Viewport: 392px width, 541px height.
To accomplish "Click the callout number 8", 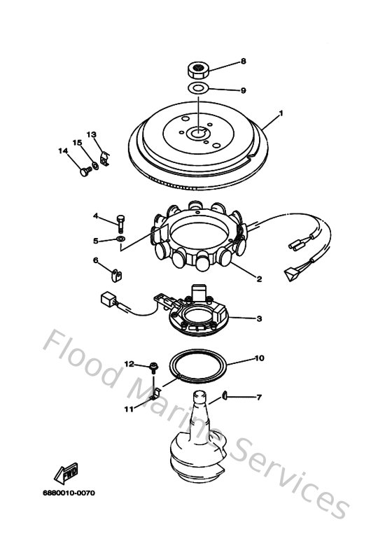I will (244, 62).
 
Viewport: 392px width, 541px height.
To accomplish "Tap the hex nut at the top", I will (197, 70).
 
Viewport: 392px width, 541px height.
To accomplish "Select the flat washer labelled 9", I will (198, 89).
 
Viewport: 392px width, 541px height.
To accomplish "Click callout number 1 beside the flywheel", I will (281, 113).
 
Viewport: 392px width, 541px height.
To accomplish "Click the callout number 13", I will (91, 134).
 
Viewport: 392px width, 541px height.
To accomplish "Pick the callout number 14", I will (62, 150).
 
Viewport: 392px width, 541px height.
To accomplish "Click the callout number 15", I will (78, 143).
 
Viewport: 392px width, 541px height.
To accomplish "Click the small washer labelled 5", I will (120, 241).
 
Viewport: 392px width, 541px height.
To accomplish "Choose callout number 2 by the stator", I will (259, 279).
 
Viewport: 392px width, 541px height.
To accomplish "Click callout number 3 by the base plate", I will (259, 318).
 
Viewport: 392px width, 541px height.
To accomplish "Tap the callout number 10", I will (259, 358).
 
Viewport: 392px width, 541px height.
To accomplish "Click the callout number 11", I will (129, 409).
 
